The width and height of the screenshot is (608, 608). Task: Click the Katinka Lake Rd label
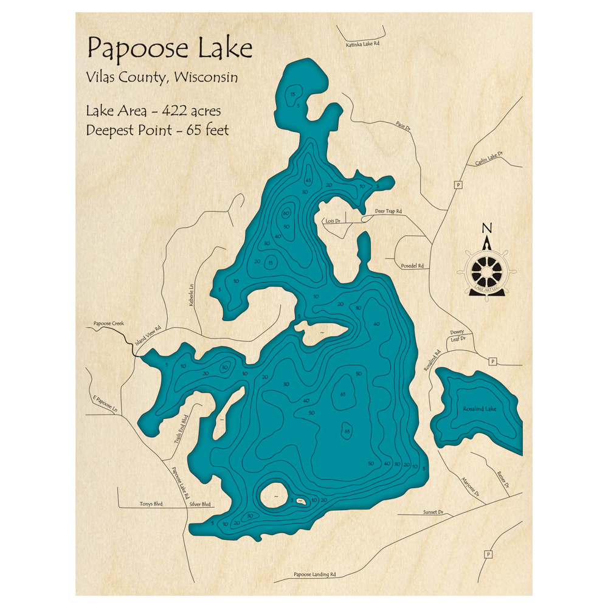click(x=362, y=44)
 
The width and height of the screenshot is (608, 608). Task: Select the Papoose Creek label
click(x=109, y=323)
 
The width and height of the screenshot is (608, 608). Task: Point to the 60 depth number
click(x=285, y=213)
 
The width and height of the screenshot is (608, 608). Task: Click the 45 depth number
click(x=308, y=181)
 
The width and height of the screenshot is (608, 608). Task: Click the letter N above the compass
click(x=486, y=229)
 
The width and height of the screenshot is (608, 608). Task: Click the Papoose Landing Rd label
click(x=314, y=574)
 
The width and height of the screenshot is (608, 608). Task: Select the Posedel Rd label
click(x=412, y=266)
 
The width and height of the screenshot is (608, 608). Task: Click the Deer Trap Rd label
click(x=388, y=211)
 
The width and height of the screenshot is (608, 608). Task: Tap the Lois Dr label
click(x=333, y=221)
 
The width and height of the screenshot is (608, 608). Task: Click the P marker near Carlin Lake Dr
click(x=456, y=184)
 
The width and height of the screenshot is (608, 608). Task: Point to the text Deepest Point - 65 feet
click(x=157, y=130)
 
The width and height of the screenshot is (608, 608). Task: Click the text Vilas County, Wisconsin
click(x=162, y=78)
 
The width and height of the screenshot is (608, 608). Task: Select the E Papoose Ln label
click(x=104, y=406)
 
